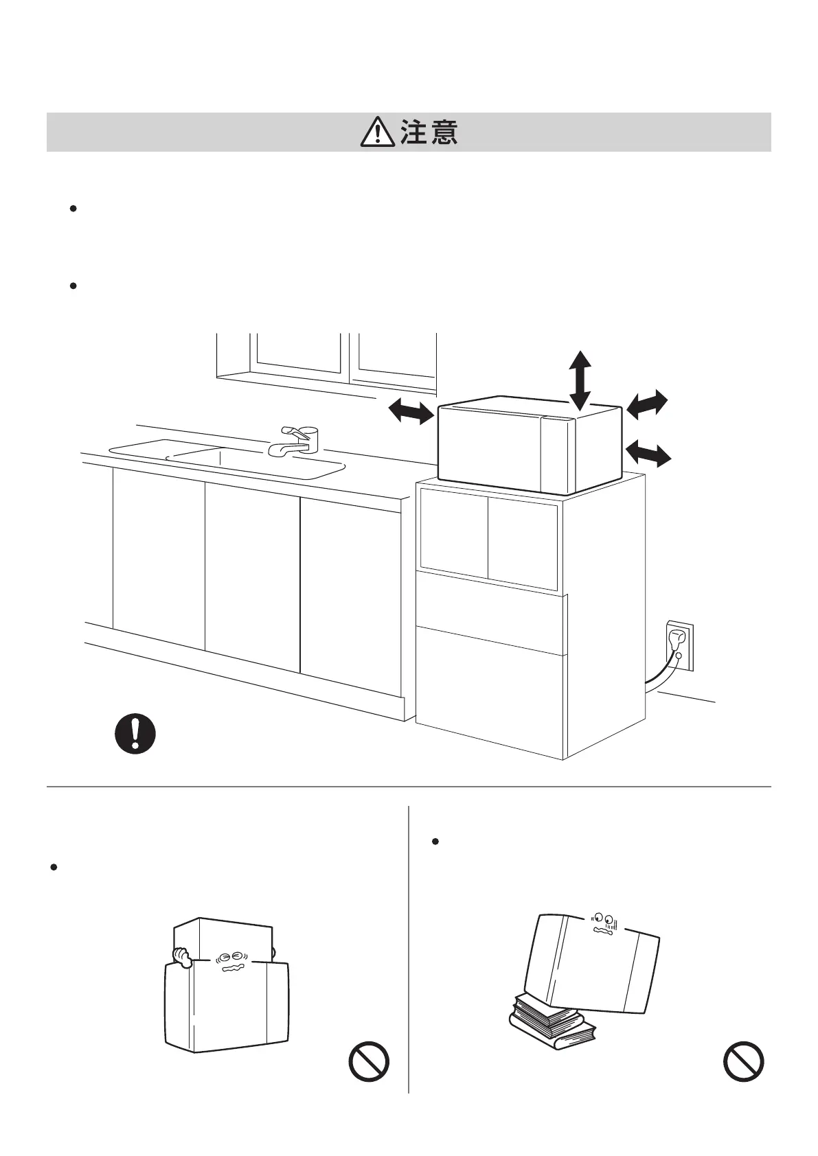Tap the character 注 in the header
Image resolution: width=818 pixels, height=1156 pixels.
414,132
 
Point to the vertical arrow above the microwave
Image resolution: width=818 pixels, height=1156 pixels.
580,380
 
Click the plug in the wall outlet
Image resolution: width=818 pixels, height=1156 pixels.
677,640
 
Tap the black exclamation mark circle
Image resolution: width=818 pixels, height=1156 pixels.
135,734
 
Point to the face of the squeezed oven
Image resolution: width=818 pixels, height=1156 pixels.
228,961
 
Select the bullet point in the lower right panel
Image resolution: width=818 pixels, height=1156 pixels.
435,841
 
